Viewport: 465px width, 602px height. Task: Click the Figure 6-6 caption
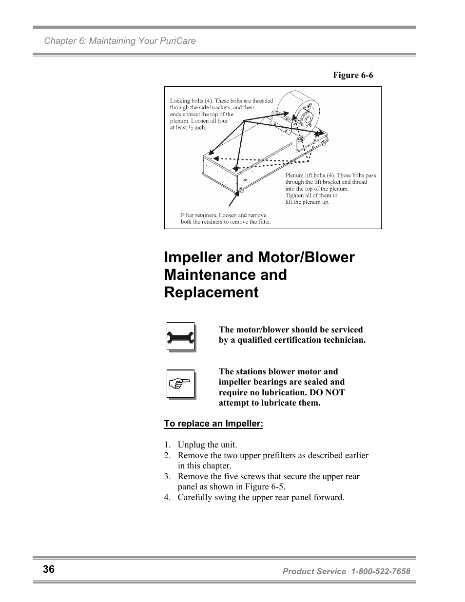(353, 75)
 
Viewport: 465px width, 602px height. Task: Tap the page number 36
(49, 569)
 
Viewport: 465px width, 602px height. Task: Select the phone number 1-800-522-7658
(380, 571)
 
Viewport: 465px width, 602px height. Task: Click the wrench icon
(180, 337)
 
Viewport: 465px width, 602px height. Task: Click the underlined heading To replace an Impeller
(213, 424)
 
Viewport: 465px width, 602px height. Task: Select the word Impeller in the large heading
(198, 257)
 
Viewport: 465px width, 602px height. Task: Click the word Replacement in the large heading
(211, 292)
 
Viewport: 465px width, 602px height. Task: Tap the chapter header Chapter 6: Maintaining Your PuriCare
(120, 41)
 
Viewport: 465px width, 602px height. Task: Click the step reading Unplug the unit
(207, 445)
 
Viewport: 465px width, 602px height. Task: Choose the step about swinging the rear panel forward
(261, 497)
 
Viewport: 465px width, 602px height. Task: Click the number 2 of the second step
(167, 455)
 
